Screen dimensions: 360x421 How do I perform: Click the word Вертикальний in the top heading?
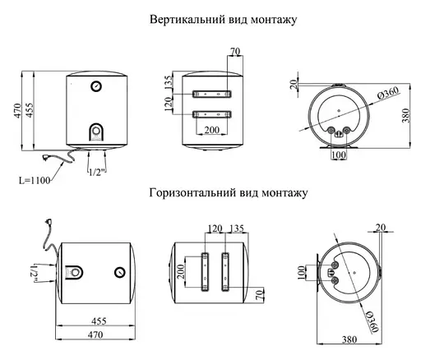175,18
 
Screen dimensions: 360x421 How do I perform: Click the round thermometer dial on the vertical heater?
96,86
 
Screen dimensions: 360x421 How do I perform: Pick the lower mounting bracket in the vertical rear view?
212,114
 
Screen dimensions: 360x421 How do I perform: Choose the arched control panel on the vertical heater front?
96,132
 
